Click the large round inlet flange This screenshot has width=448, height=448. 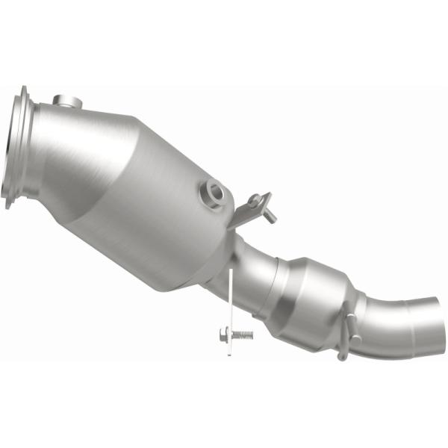[x=16, y=149]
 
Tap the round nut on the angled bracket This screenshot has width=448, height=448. [x=257, y=200]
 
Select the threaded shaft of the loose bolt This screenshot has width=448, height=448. [x=242, y=335]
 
